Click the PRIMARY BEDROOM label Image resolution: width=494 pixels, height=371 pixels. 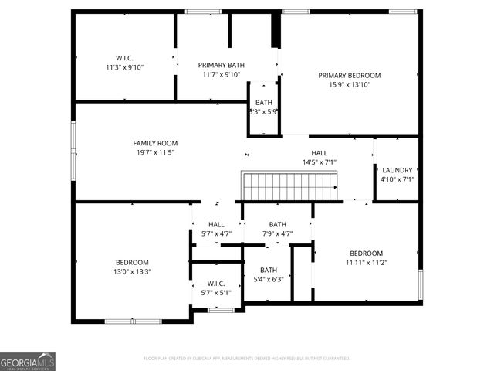pyautogui.click(x=350, y=75)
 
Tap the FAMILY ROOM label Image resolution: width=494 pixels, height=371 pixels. pyautogui.click(x=155, y=143)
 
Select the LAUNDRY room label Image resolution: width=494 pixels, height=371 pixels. pyautogui.click(x=398, y=170)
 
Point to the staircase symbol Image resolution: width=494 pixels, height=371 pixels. pyautogui.click(x=290, y=186)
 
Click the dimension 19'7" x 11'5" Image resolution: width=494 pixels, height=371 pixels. pyautogui.click(x=155, y=153)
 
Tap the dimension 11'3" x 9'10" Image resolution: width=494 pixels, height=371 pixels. pyautogui.click(x=124, y=67)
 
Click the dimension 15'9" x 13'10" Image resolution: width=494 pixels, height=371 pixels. pyautogui.click(x=350, y=85)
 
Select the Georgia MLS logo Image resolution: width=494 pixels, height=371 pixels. pyautogui.click(x=28, y=362)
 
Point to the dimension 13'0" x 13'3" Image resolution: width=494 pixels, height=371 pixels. pyautogui.click(x=132, y=272)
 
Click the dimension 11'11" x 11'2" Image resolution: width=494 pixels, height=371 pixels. pyautogui.click(x=366, y=263)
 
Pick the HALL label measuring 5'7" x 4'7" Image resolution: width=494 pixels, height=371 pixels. pyautogui.click(x=216, y=224)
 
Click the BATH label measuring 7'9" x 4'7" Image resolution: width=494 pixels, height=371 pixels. pyautogui.click(x=277, y=224)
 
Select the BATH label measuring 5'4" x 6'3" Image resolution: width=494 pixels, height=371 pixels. pyautogui.click(x=268, y=270)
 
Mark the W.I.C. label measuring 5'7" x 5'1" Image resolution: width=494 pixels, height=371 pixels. pyautogui.click(x=216, y=284)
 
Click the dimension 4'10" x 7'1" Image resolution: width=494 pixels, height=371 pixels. pyautogui.click(x=398, y=179)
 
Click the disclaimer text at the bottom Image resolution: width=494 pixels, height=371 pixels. pyautogui.click(x=247, y=359)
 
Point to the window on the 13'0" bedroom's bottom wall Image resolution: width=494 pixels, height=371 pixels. pyautogui.click(x=127, y=321)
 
